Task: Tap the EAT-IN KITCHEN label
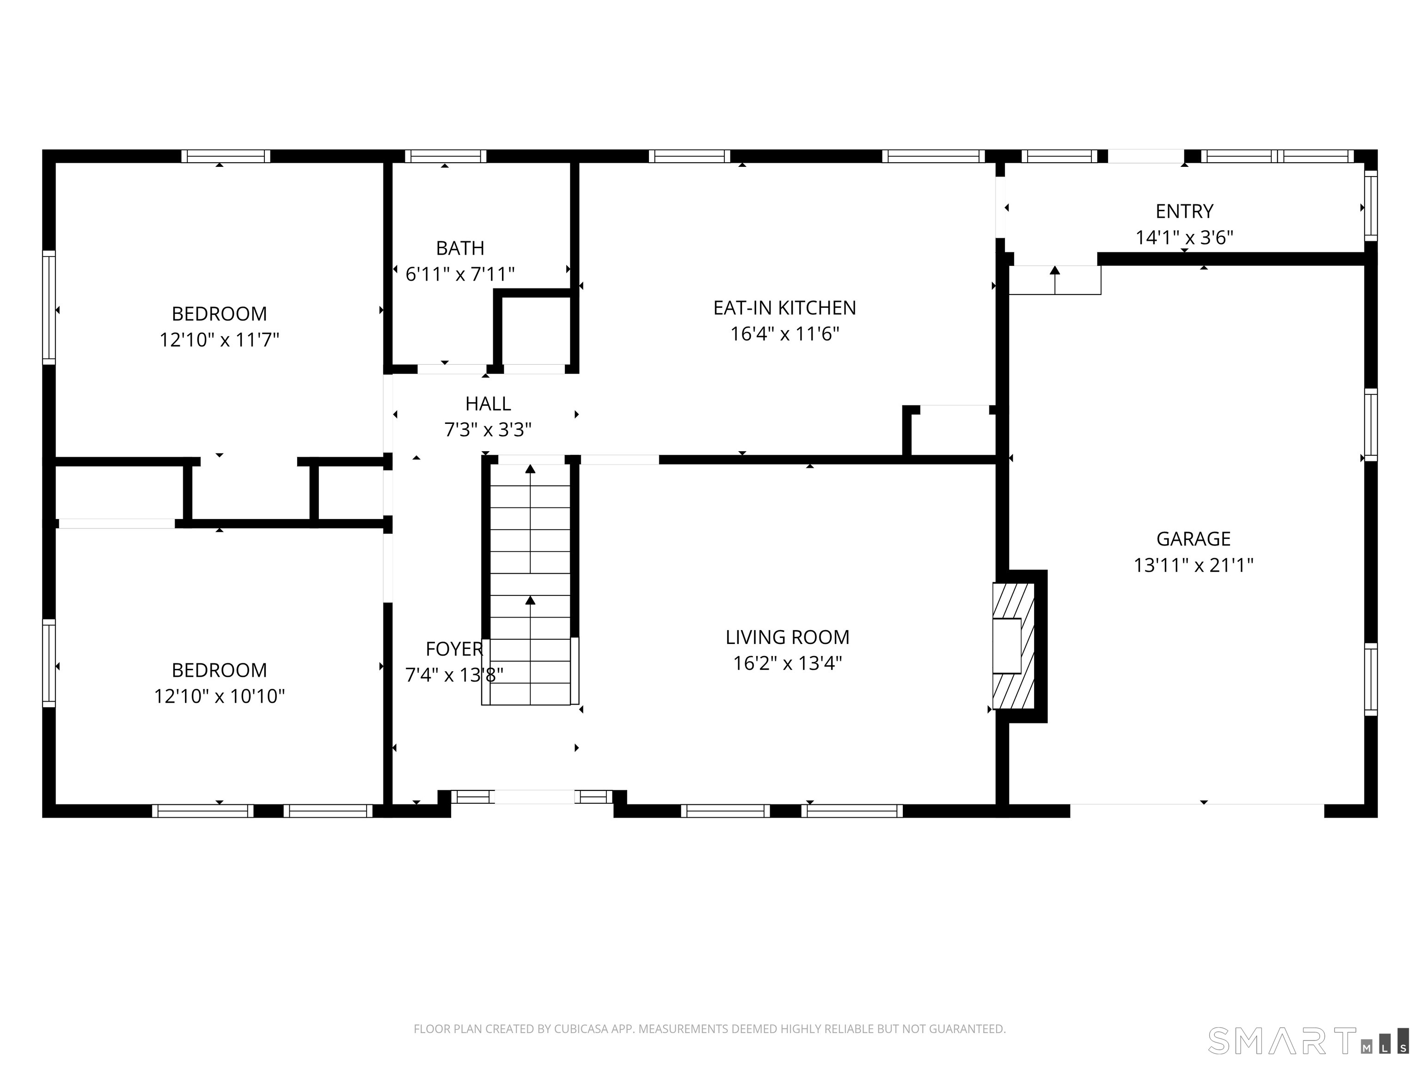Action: [784, 308]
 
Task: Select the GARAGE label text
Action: [1194, 539]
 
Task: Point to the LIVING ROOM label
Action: [787, 637]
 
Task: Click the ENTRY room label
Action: [1184, 211]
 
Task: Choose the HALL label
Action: [488, 404]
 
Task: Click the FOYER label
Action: [454, 649]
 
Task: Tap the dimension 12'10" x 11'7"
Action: [220, 340]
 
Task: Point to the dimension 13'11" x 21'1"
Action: [1194, 565]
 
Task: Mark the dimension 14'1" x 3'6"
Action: [1184, 238]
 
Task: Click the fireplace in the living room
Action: [1014, 646]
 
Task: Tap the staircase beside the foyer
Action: [530, 585]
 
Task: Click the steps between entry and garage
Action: [1055, 280]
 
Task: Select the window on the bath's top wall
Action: [446, 156]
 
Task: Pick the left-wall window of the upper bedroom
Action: [49, 307]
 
